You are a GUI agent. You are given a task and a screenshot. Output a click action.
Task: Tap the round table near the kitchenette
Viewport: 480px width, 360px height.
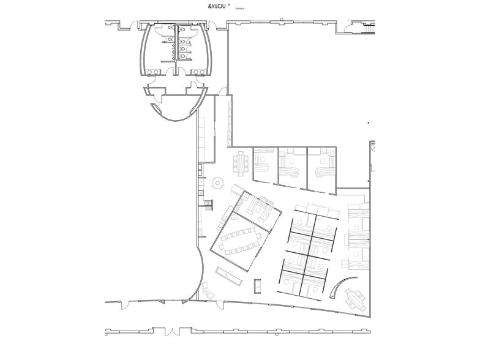pyautogui.click(x=217, y=182)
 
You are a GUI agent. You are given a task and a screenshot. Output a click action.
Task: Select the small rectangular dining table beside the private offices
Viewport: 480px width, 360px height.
pyautogui.click(x=240, y=163)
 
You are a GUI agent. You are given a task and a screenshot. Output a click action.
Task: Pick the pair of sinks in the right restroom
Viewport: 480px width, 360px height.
pyautogui.click(x=197, y=71)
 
